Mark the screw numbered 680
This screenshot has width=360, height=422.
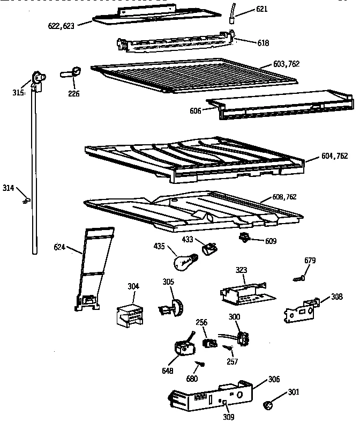[x=201, y=364]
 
